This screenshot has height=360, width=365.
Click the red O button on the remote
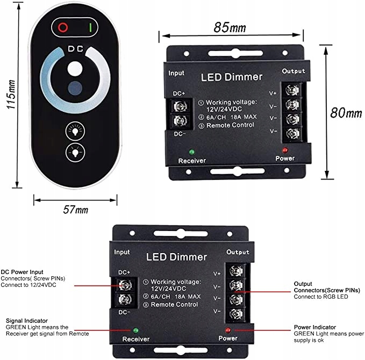point(63,26)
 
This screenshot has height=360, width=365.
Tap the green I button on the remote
point(91,26)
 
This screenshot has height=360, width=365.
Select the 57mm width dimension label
point(75,210)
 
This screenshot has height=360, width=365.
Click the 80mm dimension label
point(346,113)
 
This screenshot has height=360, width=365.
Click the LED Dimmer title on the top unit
point(232,77)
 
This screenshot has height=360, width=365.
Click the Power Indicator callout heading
point(315,327)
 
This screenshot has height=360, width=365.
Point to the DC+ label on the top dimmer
point(180,93)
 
